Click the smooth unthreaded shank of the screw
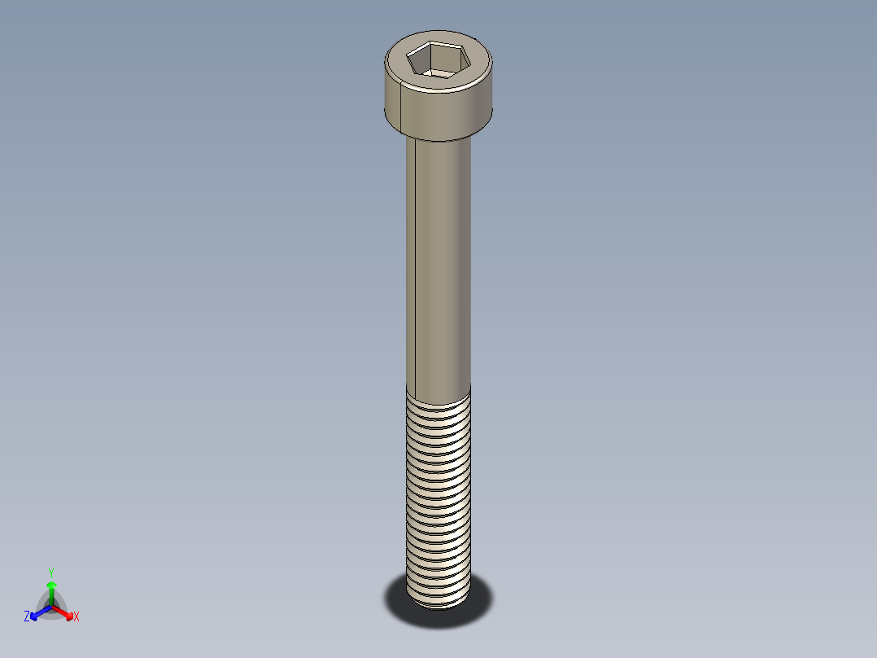(443, 261)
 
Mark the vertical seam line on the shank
(415, 261)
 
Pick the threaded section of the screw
(438, 497)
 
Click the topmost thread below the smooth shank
(438, 399)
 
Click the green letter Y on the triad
(51, 572)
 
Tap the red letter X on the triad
(76, 617)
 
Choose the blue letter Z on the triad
(27, 617)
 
